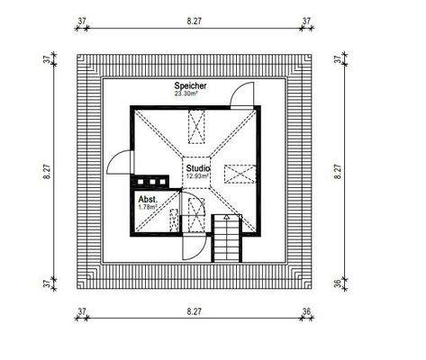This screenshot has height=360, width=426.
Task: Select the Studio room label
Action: click(x=198, y=167)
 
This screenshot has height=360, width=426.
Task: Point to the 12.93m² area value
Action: click(x=198, y=176)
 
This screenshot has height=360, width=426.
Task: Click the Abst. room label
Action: click(x=148, y=199)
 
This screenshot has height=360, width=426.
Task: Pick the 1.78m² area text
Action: click(x=147, y=207)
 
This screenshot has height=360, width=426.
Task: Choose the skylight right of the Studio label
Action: click(x=238, y=172)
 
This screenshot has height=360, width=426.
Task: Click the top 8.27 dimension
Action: click(x=193, y=17)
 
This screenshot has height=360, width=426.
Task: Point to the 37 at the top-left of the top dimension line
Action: click(x=82, y=17)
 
